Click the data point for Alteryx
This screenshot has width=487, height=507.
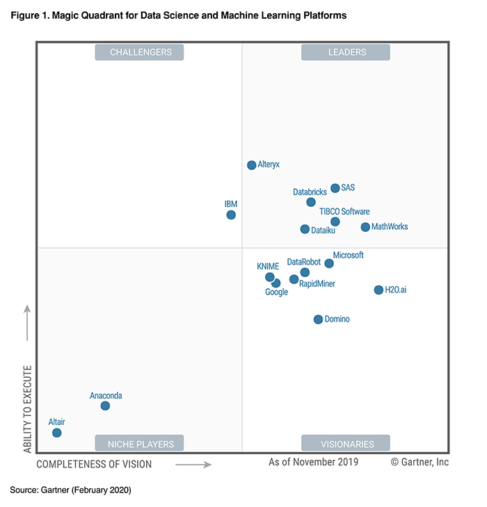(252, 165)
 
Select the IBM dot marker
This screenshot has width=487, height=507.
(231, 215)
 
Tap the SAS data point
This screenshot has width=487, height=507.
(335, 188)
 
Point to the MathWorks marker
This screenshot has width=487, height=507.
(365, 227)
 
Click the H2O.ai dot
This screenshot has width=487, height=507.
(378, 290)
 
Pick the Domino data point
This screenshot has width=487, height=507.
(318, 319)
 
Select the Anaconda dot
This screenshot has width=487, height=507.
(105, 406)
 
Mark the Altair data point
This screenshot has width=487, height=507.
(57, 433)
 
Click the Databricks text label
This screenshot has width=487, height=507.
(310, 192)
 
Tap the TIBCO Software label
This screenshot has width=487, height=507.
(344, 212)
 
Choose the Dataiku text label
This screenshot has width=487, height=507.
(323, 230)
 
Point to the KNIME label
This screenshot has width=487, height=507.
(268, 266)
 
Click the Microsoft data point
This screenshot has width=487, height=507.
(329, 263)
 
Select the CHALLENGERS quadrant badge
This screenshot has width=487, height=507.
(139, 52)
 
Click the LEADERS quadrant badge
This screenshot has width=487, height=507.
(345, 52)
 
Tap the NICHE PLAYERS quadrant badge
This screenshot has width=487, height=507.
(139, 443)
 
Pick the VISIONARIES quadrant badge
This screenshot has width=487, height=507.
(345, 443)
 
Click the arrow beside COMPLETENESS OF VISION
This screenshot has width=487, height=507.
(193, 464)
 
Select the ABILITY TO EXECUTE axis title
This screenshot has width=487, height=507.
(28, 409)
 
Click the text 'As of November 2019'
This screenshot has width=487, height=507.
(313, 462)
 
